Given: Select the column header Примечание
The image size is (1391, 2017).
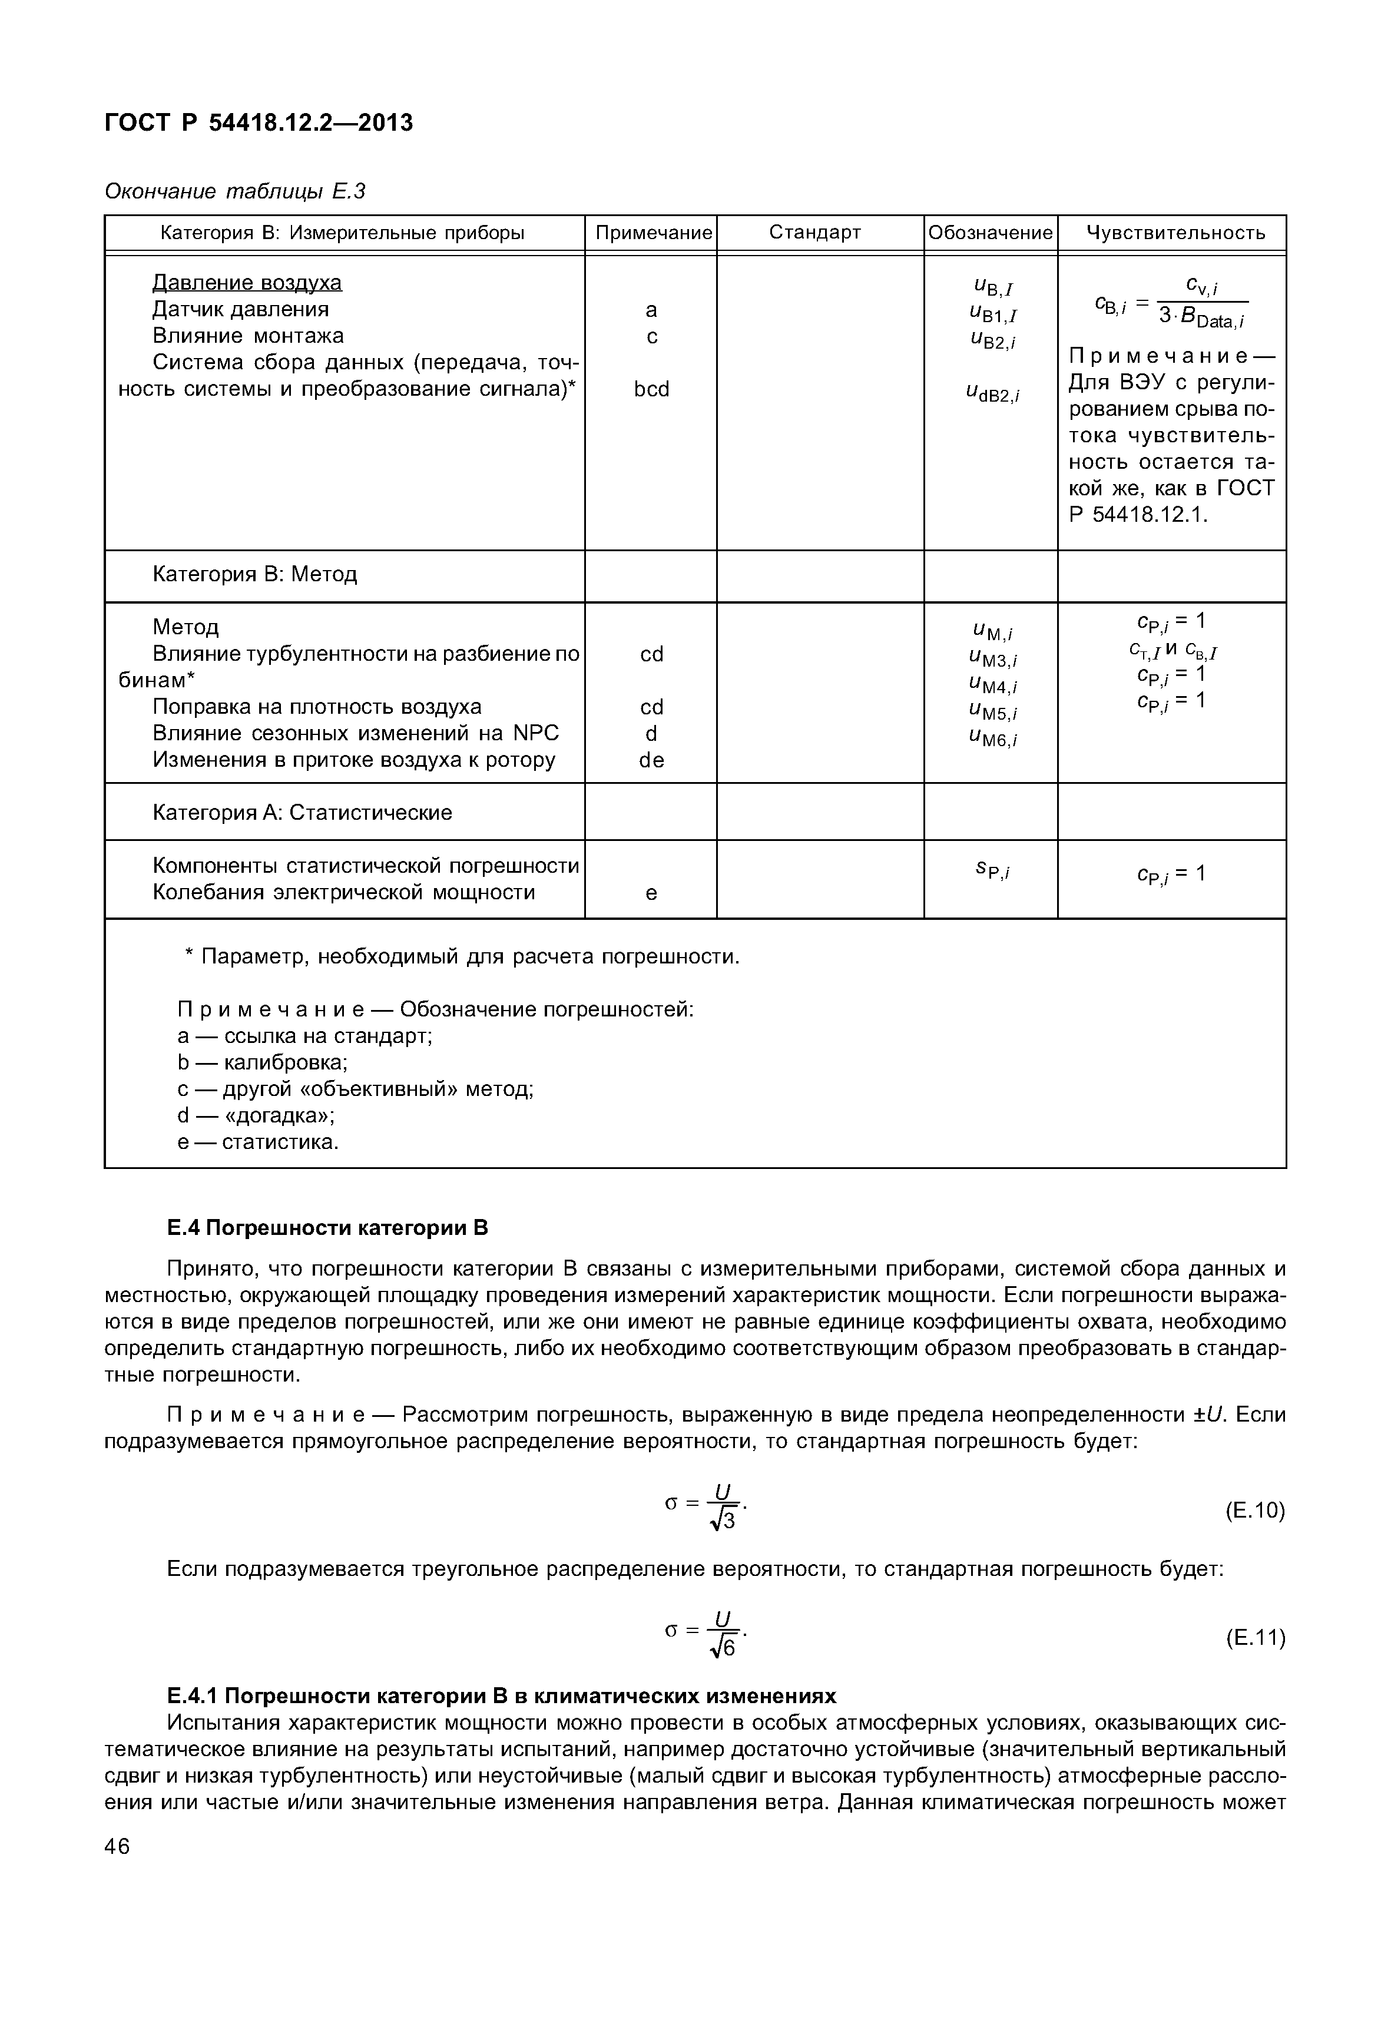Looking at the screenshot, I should click(653, 233).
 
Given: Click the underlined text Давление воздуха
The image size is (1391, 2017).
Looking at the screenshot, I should click(247, 283).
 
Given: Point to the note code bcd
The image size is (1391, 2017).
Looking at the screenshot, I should click(651, 390).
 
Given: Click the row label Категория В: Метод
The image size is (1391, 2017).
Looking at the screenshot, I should click(254, 574).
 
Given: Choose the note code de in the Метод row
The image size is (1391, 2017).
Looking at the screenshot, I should click(651, 760).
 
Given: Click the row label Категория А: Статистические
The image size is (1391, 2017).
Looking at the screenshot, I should click(302, 812).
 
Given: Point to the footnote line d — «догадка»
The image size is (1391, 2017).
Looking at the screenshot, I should click(256, 1116).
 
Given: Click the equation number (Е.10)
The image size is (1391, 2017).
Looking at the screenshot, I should click(1254, 1511).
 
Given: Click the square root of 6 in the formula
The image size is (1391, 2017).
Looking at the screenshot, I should click(723, 1649).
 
